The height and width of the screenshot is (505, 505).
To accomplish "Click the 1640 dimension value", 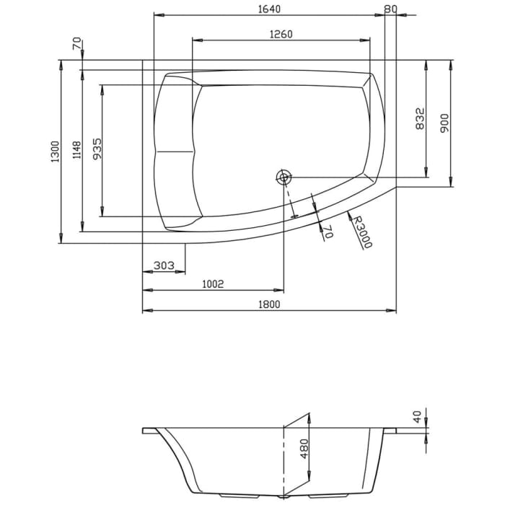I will pos(268,9).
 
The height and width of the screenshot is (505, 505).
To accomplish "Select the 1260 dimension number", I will pos(281,34).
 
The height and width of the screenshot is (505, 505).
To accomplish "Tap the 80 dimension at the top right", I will pos(390,9).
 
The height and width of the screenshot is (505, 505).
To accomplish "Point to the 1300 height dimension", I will pos(54,152).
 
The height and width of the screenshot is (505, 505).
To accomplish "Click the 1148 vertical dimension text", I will pos(76,151).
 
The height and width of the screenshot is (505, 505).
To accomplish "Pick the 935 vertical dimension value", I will pos(97,149).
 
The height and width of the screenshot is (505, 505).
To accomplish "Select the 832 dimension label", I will pos(421,118).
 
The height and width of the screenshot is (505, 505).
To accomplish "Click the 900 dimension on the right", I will pos(444,123).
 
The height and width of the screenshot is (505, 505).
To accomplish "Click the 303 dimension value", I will pos(164,266).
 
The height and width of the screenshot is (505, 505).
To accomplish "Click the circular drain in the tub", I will pos(284,177).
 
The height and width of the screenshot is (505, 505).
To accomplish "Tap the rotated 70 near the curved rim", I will pos(327,231).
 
